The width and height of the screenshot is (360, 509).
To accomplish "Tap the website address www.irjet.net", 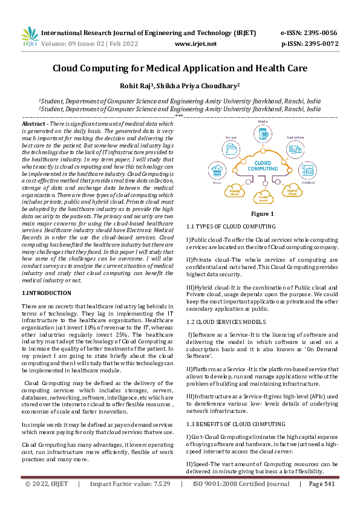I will coord(195,44).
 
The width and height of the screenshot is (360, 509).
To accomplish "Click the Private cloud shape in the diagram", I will coord(235,192).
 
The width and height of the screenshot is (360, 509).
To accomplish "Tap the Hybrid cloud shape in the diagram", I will coord(292,192).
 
